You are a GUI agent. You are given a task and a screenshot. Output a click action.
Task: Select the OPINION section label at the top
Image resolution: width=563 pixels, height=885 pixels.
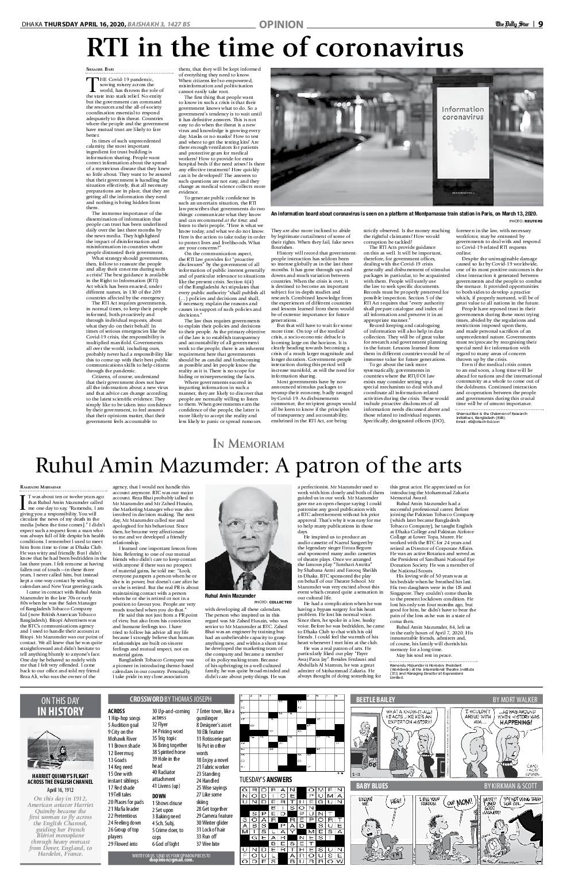[x=281, y=24]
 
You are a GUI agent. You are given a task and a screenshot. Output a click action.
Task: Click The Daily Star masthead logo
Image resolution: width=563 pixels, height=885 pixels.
[x=512, y=24]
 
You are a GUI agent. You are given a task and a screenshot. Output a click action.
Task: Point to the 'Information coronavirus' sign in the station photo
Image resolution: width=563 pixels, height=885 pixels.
[x=462, y=113]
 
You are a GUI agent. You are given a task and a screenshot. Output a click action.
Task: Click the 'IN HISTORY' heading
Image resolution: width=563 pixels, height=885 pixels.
[x=60, y=711]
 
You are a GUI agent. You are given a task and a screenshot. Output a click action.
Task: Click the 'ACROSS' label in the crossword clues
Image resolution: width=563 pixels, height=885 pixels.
[x=116, y=711]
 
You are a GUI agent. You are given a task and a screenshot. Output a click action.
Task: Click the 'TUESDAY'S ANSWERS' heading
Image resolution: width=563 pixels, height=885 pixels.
[x=265, y=780]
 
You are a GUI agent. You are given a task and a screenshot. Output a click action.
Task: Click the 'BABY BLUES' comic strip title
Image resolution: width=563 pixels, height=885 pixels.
[x=372, y=786]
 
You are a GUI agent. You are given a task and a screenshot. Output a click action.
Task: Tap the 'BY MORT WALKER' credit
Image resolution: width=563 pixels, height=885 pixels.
[x=515, y=699]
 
